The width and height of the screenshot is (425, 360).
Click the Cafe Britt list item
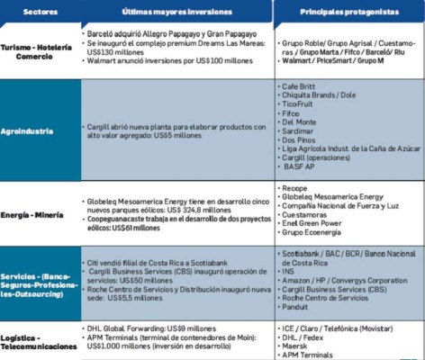coord(298,84)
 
